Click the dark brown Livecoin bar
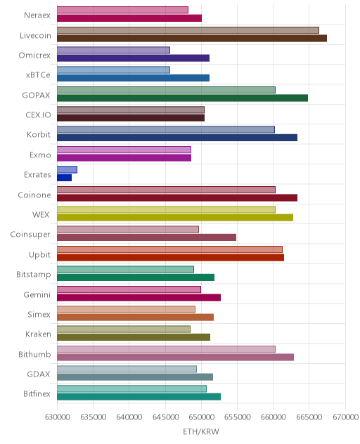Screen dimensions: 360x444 click(x=192, y=38)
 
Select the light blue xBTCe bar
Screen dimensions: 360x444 click(x=113, y=70)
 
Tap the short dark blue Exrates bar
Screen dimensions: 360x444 click(x=65, y=178)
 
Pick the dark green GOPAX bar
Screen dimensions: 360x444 click(x=182, y=98)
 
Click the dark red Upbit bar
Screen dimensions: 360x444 click(x=170, y=257)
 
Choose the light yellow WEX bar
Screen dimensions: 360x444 click(x=166, y=209)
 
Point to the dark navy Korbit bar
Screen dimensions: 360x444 click(x=177, y=138)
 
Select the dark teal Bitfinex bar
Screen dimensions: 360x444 click(x=139, y=397)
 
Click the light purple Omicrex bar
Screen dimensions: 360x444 click(x=113, y=50)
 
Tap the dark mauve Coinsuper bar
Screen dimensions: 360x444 click(x=146, y=237)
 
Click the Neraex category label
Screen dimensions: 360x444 click(x=37, y=15)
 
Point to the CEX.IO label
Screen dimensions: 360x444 click(x=38, y=115)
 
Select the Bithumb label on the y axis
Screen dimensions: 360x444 click(x=34, y=354)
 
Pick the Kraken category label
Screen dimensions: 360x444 click(x=38, y=334)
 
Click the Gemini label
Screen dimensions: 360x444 click(x=37, y=294)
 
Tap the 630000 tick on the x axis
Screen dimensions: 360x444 click(x=57, y=417)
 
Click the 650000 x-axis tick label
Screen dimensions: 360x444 click(x=201, y=417)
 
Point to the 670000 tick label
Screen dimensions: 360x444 click(x=345, y=417)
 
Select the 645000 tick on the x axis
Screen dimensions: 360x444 click(x=165, y=417)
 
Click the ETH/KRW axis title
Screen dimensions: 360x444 click(x=201, y=431)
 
